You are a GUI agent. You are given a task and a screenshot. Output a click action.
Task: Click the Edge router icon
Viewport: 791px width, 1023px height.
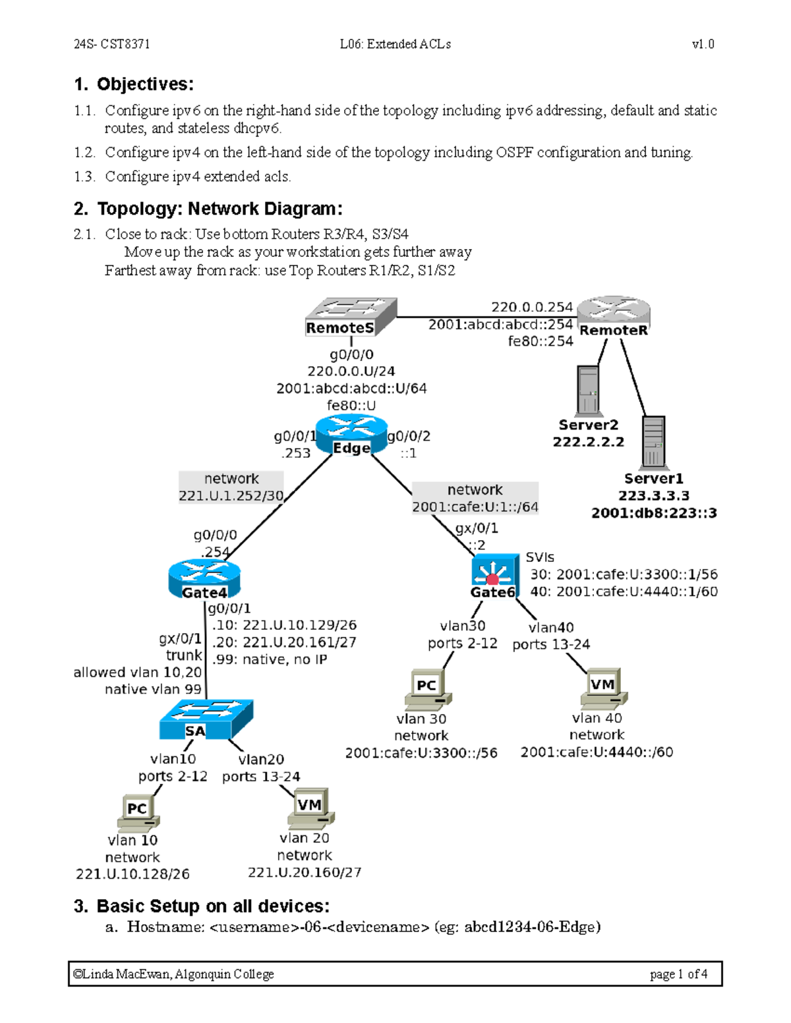tap(351, 434)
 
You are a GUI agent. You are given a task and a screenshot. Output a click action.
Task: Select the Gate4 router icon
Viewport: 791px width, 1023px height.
tap(204, 579)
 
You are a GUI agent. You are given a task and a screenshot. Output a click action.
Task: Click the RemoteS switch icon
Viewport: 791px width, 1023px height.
tap(351, 316)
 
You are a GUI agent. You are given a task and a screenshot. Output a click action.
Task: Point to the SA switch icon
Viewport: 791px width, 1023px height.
tap(206, 719)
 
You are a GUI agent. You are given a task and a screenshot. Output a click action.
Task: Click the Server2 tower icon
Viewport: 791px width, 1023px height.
tap(587, 389)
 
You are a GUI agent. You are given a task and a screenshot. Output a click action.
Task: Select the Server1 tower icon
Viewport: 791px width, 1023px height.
tap(653, 441)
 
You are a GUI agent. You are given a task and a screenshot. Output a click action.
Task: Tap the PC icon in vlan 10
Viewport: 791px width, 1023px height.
tap(138, 812)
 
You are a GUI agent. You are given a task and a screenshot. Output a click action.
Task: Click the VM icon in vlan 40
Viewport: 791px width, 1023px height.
tap(603, 689)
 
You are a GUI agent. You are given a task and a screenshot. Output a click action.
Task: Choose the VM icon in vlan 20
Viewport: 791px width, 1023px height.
tap(310, 808)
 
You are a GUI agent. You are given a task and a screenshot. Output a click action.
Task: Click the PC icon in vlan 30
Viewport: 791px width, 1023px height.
tap(428, 690)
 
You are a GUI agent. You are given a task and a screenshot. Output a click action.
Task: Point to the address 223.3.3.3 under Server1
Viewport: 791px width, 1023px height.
tap(653, 496)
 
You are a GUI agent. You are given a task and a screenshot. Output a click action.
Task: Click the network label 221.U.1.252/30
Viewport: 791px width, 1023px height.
tap(231, 495)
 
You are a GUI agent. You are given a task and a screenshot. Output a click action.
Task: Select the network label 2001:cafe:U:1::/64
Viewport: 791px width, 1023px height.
tap(475, 507)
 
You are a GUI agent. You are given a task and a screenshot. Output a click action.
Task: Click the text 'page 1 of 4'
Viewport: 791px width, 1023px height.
tap(678, 974)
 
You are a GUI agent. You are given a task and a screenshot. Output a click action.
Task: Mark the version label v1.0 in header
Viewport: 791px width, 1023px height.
tap(703, 44)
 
